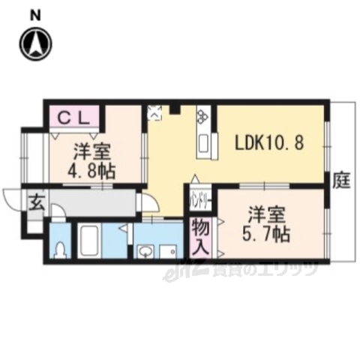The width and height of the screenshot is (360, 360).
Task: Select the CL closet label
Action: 73,117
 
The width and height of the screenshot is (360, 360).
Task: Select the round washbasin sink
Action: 146,251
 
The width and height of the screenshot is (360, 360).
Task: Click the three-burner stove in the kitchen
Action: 203,115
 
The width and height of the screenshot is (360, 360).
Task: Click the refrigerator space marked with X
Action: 155,113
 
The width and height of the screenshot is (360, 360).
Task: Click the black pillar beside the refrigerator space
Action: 175,109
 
